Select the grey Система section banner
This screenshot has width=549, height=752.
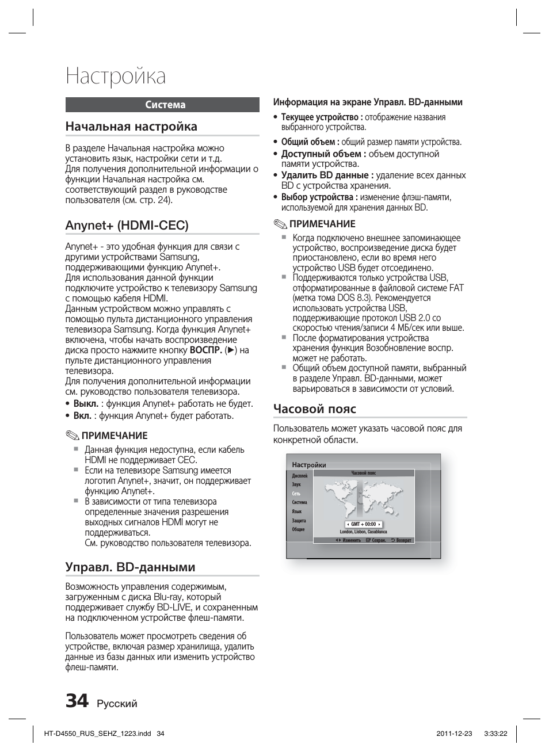pos(162,105)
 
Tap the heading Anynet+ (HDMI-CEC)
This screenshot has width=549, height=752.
pos(127,225)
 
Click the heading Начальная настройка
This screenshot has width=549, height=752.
pos(131,127)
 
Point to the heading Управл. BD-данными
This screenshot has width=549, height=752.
pos(130,567)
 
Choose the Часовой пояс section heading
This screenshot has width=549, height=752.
pos(315,409)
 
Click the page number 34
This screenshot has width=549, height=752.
pos(77,701)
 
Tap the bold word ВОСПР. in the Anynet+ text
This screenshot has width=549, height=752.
pos(205,350)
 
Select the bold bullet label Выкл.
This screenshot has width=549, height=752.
pos(85,404)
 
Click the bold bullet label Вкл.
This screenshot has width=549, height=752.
pos(82,415)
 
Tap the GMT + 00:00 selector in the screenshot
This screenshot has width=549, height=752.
pos(364,524)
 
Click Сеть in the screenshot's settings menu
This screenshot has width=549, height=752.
pos(296,494)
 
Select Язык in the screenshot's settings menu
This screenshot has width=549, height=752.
pos(296,511)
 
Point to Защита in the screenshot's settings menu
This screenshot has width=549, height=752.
pos(298,521)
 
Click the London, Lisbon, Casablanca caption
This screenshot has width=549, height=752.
pos(363,532)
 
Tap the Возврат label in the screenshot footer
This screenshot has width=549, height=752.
pos(403,540)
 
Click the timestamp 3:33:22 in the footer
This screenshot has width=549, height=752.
pos(495,734)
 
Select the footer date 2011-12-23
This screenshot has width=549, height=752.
pos(454,734)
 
